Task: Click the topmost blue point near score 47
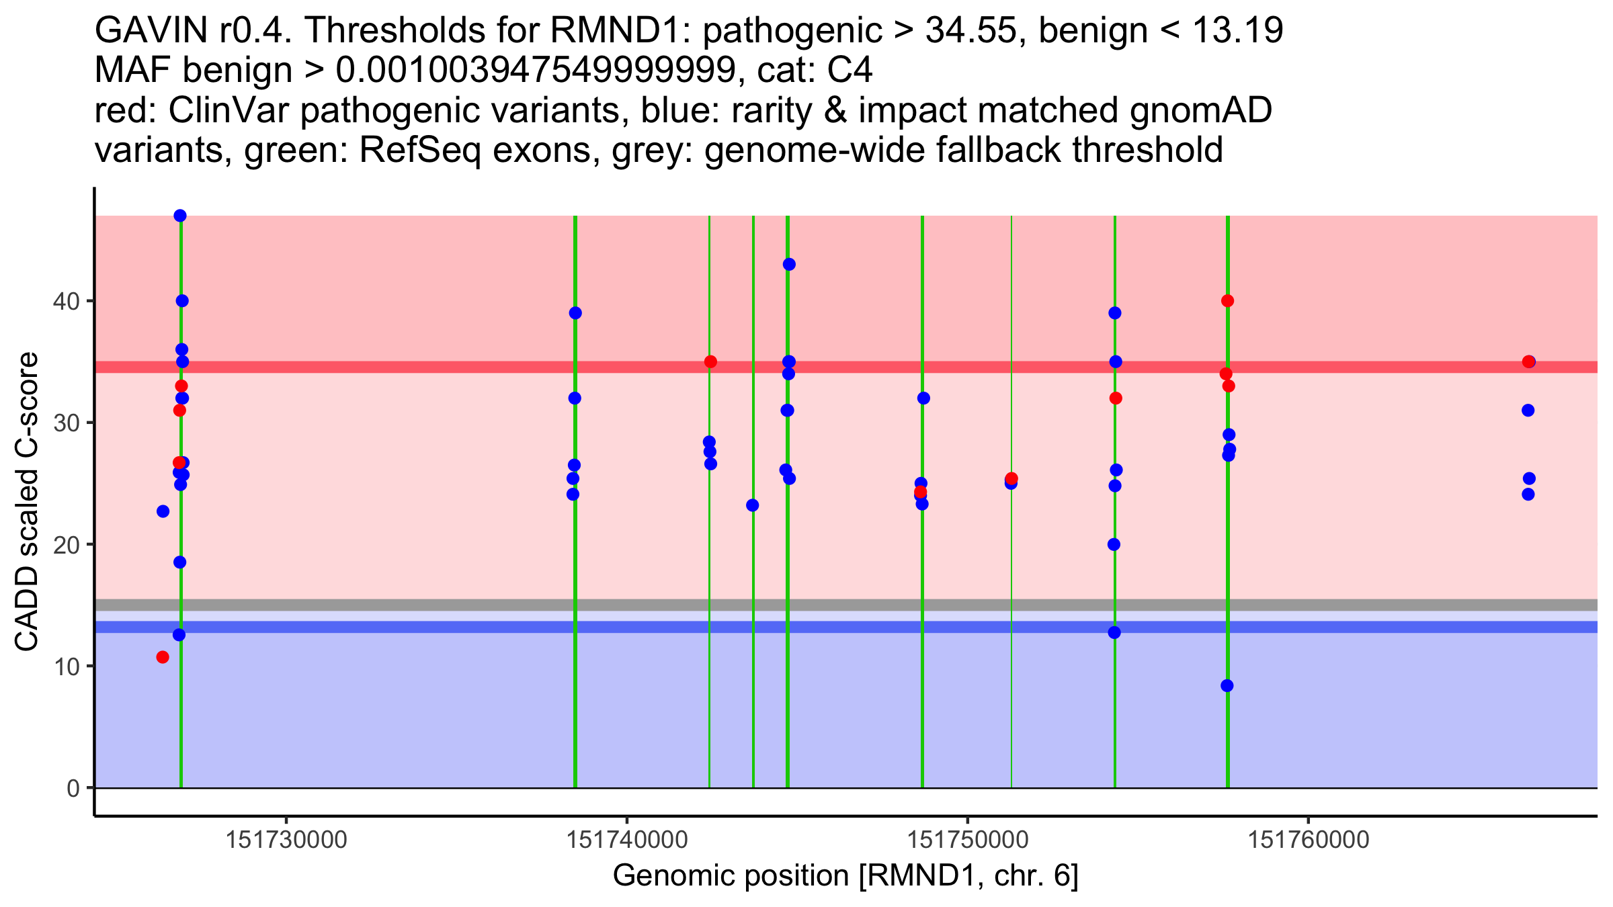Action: pyautogui.click(x=180, y=216)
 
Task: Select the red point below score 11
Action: pyautogui.click(x=163, y=657)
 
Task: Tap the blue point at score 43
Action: pyautogui.click(x=789, y=265)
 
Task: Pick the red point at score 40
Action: pyautogui.click(x=1227, y=301)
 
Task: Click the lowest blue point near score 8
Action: pyautogui.click(x=1227, y=686)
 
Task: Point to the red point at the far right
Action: pyautogui.click(x=1528, y=362)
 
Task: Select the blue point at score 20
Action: pyautogui.click(x=1114, y=545)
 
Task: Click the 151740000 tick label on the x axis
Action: pyautogui.click(x=626, y=840)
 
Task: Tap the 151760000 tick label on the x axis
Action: pyautogui.click(x=1308, y=840)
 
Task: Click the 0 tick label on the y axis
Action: pyautogui.click(x=73, y=788)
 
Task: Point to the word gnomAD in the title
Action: pyautogui.click(x=1200, y=110)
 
